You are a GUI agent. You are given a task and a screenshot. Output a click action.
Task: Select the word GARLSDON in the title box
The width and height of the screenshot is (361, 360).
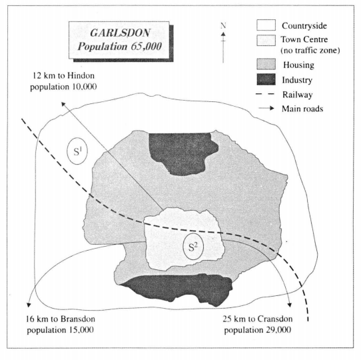point(120,33)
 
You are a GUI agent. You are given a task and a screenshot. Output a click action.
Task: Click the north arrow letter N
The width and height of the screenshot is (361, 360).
point(223,25)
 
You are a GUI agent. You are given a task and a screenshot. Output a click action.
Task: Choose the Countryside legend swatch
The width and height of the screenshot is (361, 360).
point(266,25)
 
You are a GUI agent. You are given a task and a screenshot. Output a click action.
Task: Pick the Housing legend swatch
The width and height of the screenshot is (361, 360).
point(266,64)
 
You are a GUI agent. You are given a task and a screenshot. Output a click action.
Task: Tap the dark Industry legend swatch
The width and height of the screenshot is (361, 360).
point(266,79)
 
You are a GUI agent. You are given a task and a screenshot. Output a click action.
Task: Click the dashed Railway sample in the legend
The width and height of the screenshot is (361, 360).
point(265,94)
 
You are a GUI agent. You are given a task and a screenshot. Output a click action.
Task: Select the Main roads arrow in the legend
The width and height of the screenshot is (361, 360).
point(266,108)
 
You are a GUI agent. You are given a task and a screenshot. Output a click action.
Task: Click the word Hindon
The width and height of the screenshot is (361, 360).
point(81,75)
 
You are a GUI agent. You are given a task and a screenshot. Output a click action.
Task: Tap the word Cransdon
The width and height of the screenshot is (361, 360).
point(275,319)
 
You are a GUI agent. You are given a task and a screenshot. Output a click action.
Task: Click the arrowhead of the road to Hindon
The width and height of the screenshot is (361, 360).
point(63,104)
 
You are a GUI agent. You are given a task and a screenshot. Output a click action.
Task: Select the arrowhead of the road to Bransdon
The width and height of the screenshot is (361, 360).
point(29,305)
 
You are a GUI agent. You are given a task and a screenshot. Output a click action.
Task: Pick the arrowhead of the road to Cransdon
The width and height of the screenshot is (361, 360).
point(290,305)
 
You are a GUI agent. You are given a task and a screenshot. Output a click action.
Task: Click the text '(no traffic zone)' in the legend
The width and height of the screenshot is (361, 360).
point(310,50)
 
